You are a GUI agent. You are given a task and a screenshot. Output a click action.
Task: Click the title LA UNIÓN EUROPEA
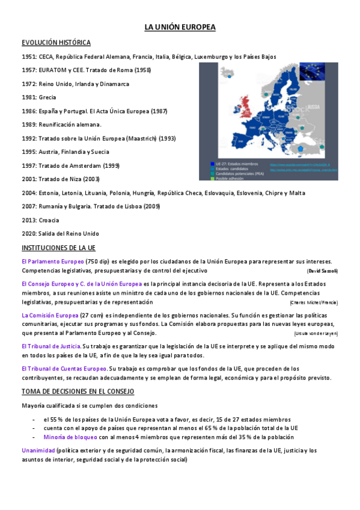tap(180, 28)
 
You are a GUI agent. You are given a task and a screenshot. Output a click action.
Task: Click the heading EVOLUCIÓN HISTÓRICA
tap(56, 43)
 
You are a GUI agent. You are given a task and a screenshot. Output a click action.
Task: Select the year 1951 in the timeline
tap(28, 57)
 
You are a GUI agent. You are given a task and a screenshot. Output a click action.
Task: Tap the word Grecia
tap(48, 97)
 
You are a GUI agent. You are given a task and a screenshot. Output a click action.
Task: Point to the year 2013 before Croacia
tap(28, 220)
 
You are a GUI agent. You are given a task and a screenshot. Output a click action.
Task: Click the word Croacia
tap(49, 220)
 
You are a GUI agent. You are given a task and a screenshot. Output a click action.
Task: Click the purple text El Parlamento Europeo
tap(52, 262)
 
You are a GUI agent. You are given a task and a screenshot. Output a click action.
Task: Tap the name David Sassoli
tap(323, 271)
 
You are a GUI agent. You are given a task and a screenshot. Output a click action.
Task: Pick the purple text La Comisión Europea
tap(50, 315)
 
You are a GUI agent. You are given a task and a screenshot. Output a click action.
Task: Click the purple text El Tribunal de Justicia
tap(51, 346)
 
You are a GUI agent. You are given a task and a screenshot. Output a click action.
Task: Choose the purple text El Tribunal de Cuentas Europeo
tap(64, 369)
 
